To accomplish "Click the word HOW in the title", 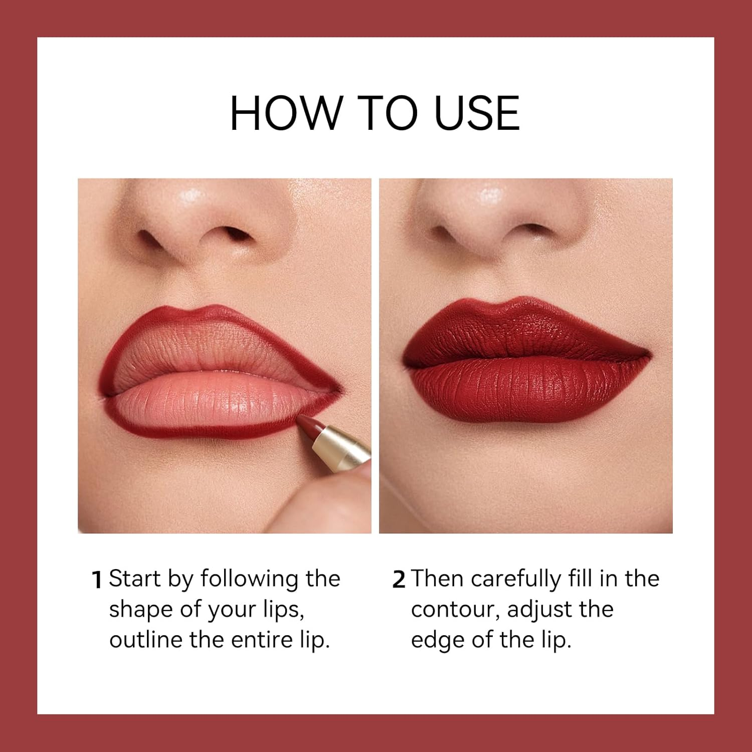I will pos(284,113).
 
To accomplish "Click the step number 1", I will pos(97,580).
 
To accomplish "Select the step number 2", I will pos(399,580).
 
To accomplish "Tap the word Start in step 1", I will pos(134,579).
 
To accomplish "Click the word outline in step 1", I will pos(145,640).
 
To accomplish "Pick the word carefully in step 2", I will pos(516,580).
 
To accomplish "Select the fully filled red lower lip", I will pos(526,391).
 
